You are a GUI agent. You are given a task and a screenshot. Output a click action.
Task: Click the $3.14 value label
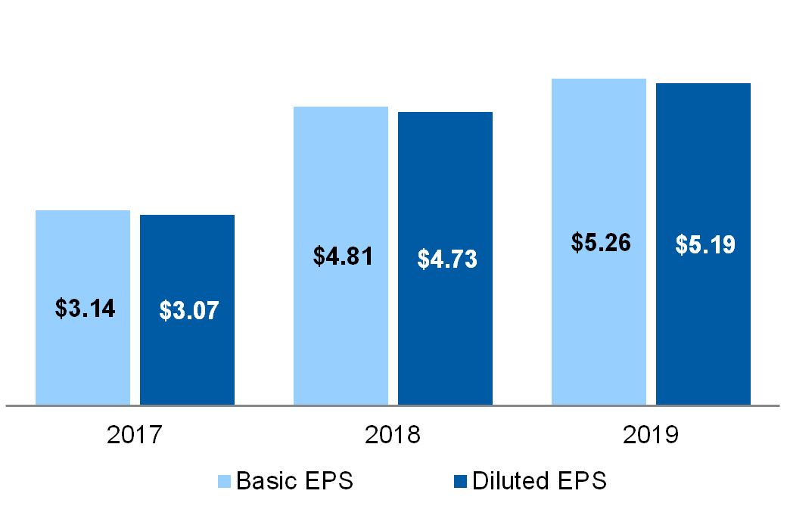(85, 308)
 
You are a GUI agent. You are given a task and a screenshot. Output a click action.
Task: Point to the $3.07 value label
(188, 311)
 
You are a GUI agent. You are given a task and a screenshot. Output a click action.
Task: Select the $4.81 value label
(343, 256)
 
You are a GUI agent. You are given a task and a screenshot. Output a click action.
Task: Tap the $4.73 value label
(447, 259)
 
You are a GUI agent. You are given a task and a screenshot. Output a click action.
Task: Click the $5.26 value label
(601, 243)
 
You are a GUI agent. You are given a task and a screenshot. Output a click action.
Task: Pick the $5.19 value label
(705, 245)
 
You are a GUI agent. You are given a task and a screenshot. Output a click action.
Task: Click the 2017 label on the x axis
(135, 435)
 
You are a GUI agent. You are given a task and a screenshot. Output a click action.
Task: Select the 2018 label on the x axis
(393, 435)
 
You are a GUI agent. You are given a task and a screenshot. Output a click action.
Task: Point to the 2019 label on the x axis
(651, 435)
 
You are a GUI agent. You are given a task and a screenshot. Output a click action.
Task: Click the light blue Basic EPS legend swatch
(226, 481)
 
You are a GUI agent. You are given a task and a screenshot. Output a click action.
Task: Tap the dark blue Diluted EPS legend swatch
(460, 481)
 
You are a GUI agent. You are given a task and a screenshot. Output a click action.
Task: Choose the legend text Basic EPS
(294, 481)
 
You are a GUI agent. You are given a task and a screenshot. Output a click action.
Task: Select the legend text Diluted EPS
(539, 481)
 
